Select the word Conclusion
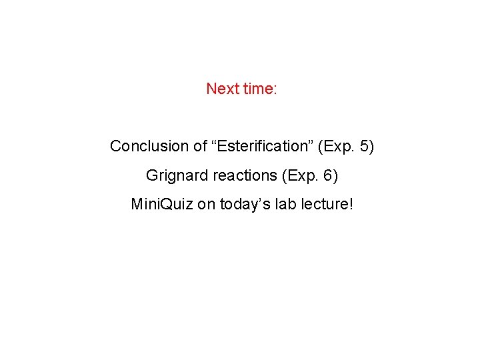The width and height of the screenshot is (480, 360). [x=149, y=146]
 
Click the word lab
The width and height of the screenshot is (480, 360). [x=283, y=204]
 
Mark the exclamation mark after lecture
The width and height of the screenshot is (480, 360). [x=350, y=204]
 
